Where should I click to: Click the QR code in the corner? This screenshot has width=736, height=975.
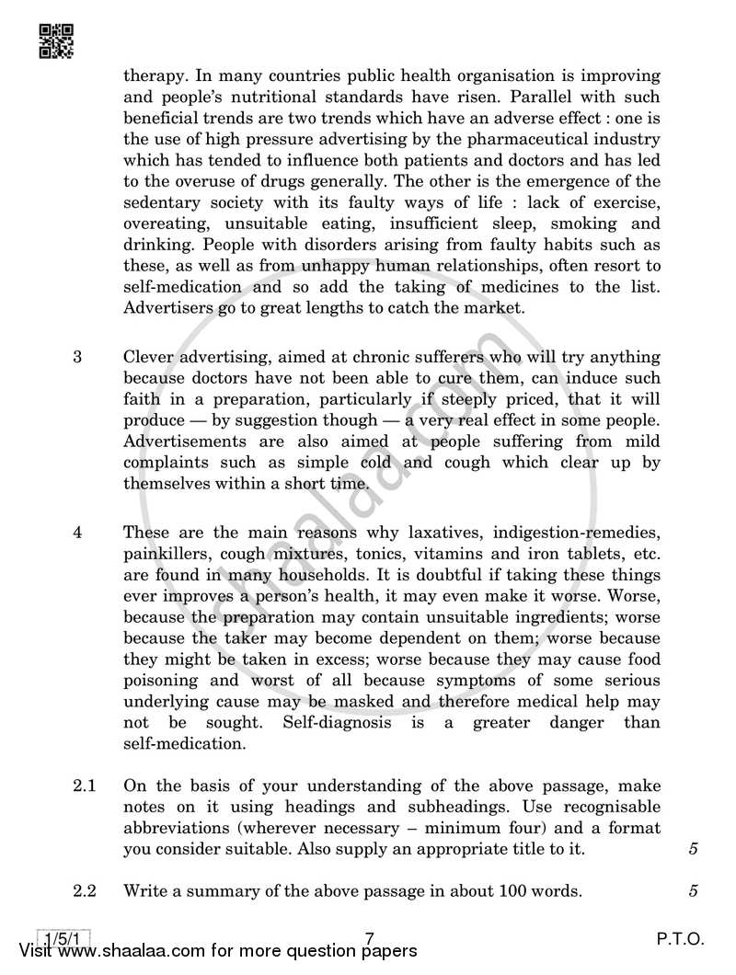[57, 40]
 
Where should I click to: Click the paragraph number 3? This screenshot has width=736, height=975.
[78, 356]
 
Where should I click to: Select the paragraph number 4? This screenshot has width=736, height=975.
[78, 533]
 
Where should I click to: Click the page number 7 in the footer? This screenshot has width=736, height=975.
[369, 939]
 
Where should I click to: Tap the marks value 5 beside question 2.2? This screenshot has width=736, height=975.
[693, 890]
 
